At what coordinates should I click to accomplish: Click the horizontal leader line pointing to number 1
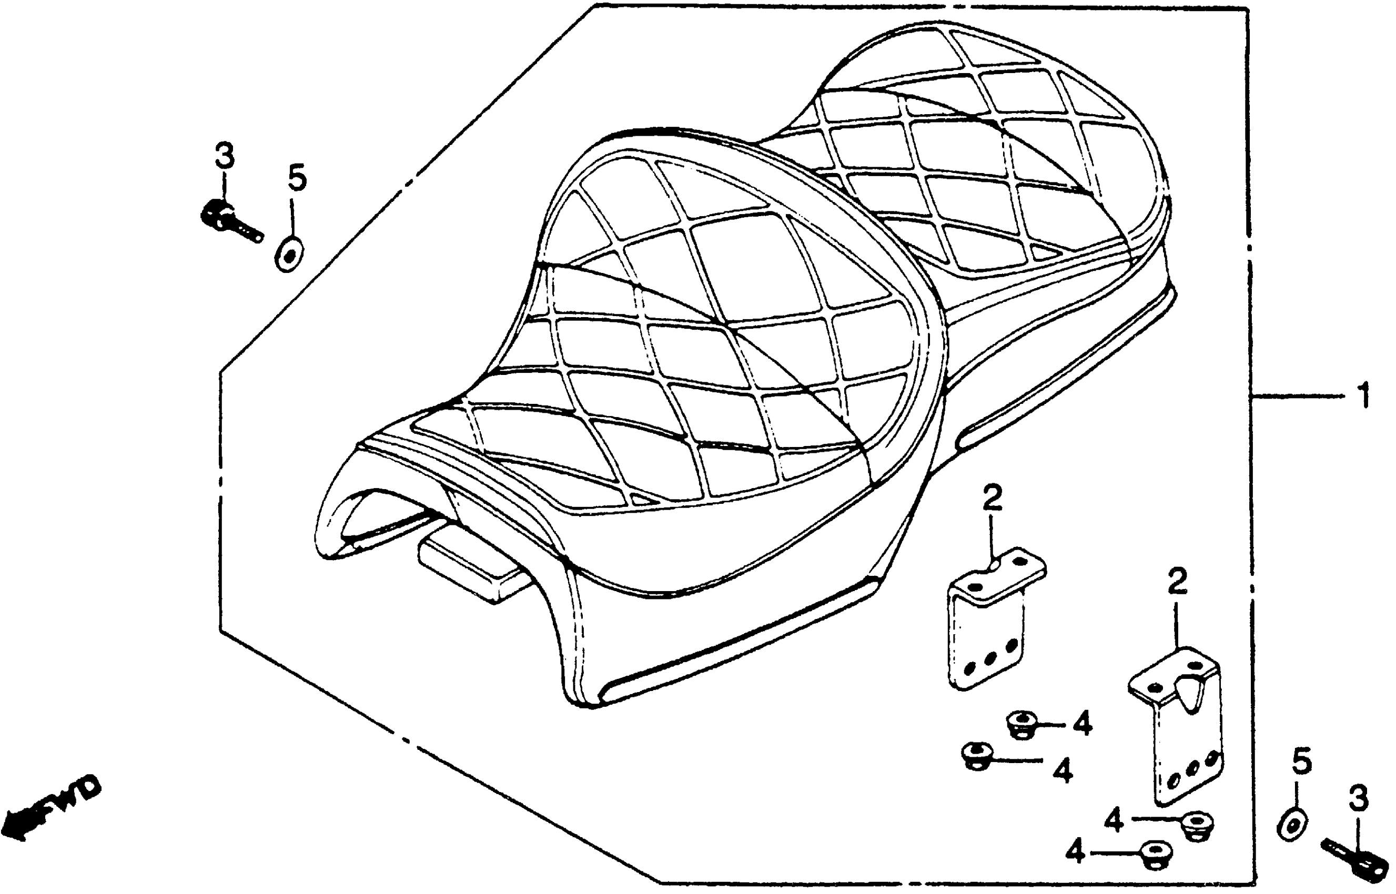[1295, 397]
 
